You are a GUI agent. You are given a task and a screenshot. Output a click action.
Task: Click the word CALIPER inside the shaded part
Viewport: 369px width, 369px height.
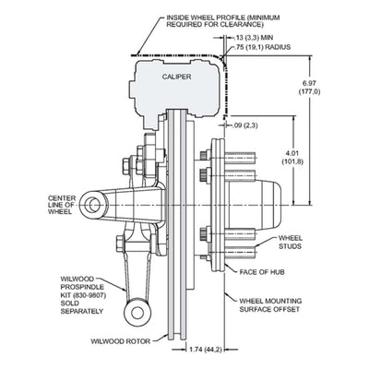176,77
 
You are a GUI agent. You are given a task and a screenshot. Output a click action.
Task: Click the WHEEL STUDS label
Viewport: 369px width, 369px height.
290,242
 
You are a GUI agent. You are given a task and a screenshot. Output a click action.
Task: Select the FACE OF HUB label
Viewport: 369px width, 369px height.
262,272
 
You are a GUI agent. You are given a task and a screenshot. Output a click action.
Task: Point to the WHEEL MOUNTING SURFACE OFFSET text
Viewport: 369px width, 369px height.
270,305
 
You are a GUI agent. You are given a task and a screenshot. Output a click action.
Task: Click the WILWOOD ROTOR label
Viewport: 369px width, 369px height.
121,341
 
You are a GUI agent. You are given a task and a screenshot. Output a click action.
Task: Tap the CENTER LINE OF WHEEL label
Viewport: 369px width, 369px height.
62,205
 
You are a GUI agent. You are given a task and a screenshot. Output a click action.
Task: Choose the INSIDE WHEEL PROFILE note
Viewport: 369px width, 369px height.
223,21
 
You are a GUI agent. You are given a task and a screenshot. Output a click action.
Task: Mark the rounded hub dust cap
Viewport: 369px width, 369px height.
269,205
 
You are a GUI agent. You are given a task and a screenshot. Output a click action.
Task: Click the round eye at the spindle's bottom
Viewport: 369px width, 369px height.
137,313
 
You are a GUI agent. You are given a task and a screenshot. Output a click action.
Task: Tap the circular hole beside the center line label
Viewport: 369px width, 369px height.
93,205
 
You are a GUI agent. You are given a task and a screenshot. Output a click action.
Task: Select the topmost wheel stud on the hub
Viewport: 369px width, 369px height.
241,159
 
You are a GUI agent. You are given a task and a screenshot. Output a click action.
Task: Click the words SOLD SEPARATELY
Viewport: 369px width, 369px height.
81,307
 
